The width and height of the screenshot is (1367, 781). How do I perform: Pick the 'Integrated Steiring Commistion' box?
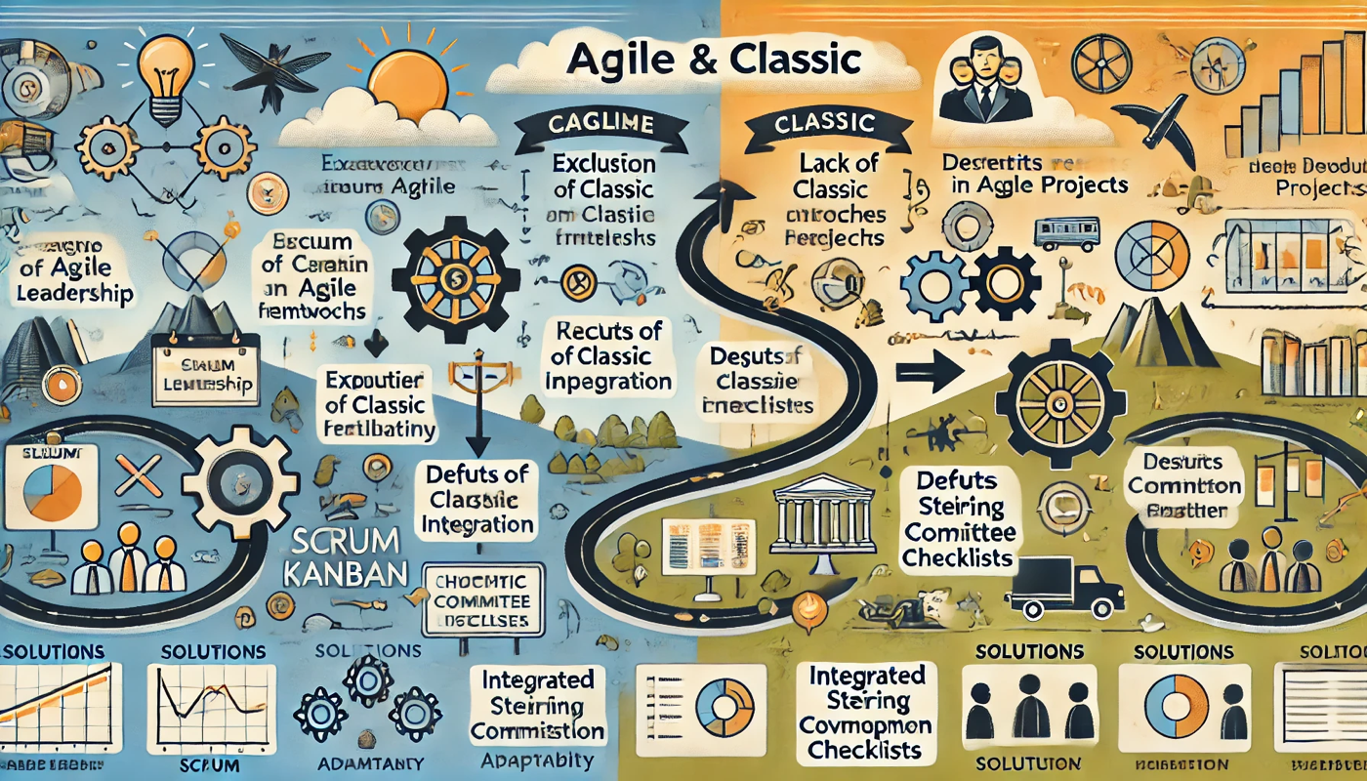(x=537, y=705)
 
